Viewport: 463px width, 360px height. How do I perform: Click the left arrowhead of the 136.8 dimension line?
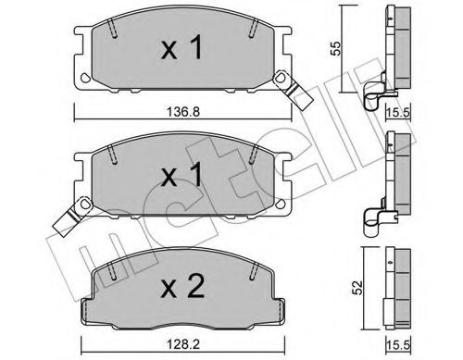(74, 116)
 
